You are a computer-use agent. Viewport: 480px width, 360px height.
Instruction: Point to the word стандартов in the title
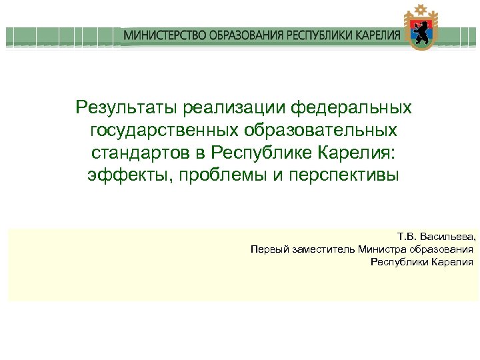coord(137,153)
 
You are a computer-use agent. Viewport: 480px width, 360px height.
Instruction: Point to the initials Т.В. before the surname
coord(406,237)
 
